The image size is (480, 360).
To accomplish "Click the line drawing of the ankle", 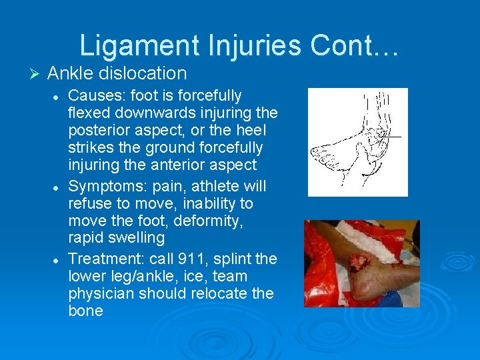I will pos(357,142).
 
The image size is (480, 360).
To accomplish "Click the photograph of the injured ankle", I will pos(361,263).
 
